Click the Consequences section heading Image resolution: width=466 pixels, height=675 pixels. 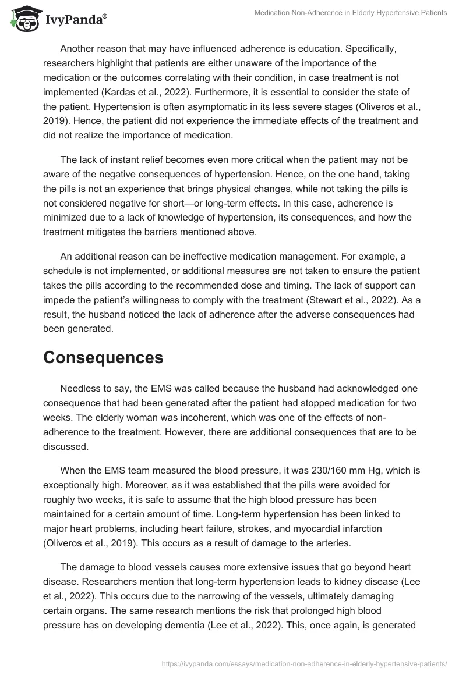click(x=103, y=357)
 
